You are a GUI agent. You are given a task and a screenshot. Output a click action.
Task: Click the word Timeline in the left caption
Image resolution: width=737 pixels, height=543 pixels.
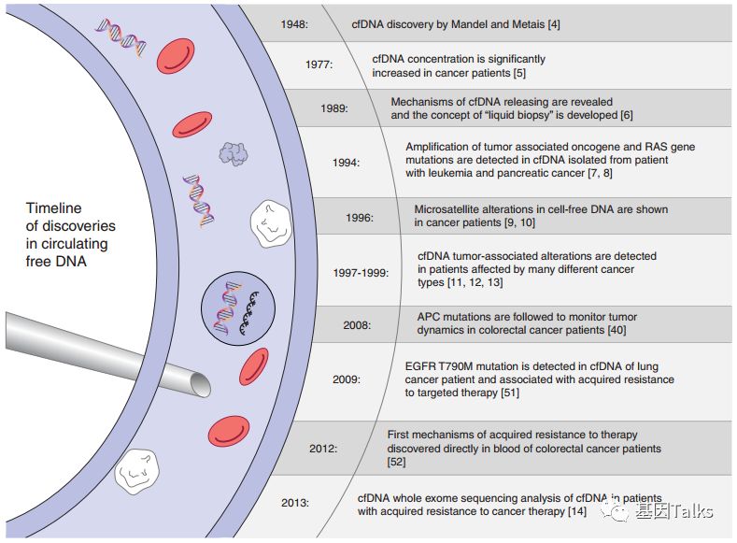(x=53, y=208)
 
